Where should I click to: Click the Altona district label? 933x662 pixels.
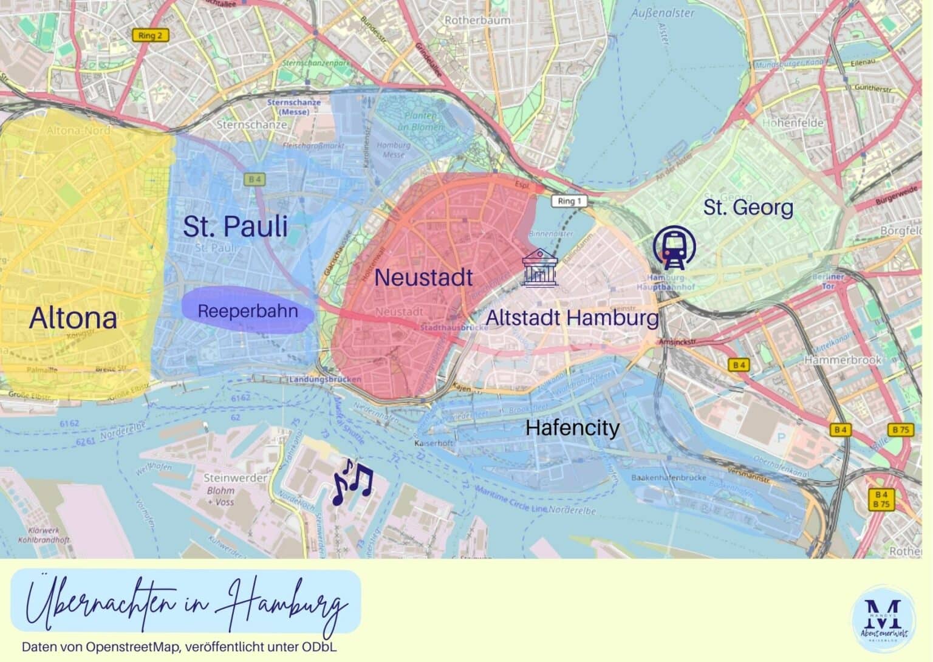tap(73, 318)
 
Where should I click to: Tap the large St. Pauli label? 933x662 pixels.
tap(235, 227)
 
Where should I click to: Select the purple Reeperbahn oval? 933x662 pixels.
tap(248, 311)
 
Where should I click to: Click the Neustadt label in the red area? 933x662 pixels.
tap(423, 278)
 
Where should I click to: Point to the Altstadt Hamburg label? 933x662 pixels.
tap(572, 318)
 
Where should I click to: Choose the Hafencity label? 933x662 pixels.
tap(572, 428)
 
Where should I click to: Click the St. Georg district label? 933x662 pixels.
tap(748, 208)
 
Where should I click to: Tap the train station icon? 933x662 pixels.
tap(674, 248)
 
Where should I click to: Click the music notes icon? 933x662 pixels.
tap(352, 482)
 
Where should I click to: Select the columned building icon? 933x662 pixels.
tap(540, 267)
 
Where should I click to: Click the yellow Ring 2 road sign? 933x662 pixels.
tap(150, 36)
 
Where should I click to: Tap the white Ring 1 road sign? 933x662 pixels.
tap(569, 201)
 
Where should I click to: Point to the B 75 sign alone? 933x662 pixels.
tap(901, 430)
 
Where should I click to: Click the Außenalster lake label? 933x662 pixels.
tap(662, 13)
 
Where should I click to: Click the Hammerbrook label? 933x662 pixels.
tap(842, 360)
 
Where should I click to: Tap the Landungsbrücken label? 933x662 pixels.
tap(326, 379)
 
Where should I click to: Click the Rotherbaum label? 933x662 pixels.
tap(477, 20)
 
